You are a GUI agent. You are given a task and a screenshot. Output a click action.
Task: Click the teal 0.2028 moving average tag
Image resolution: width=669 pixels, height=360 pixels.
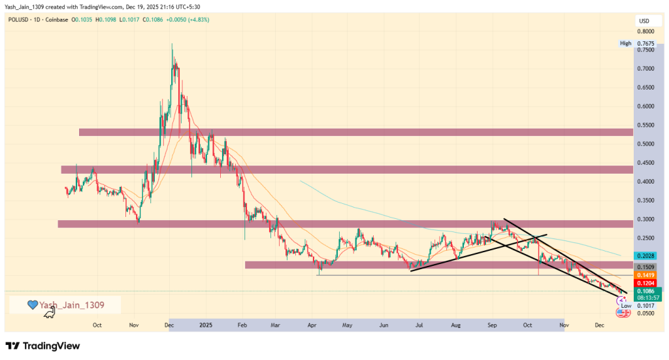point(644,255)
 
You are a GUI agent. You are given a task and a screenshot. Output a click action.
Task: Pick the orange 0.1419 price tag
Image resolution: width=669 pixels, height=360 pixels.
point(644,274)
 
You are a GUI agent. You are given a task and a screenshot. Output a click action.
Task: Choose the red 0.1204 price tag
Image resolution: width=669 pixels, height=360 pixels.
point(644,282)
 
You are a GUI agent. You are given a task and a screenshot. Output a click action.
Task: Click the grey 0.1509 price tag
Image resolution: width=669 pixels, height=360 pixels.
point(644,267)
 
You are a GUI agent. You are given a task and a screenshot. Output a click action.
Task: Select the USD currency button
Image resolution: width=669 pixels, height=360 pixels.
point(643,22)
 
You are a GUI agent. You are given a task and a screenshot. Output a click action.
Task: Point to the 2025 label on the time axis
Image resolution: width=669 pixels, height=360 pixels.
point(206,324)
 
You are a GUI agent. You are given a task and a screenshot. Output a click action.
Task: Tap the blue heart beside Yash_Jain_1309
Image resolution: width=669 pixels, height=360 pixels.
point(31,304)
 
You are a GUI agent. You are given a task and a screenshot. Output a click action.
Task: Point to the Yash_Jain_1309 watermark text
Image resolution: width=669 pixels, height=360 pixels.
point(71,304)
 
